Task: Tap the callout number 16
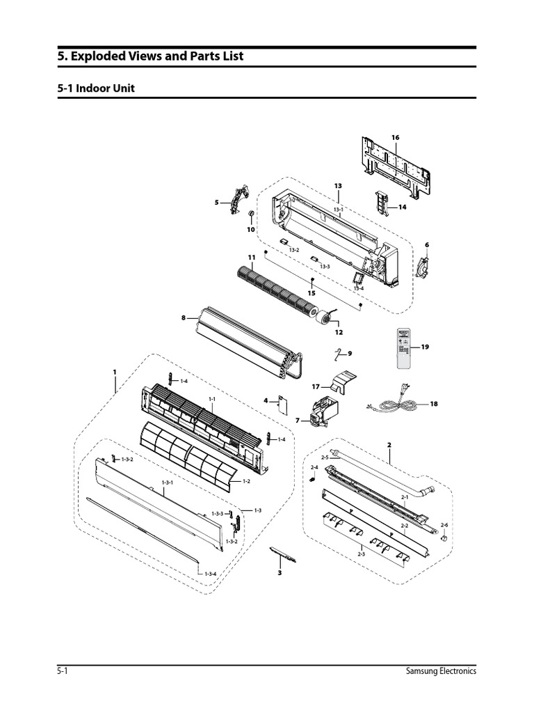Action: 395,138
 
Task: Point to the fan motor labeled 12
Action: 325,318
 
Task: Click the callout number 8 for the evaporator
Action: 184,318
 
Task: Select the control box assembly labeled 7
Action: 321,411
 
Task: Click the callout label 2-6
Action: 444,524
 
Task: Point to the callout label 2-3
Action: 361,553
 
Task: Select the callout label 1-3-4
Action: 210,573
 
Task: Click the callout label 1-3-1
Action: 167,483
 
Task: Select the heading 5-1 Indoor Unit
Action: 95,89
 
